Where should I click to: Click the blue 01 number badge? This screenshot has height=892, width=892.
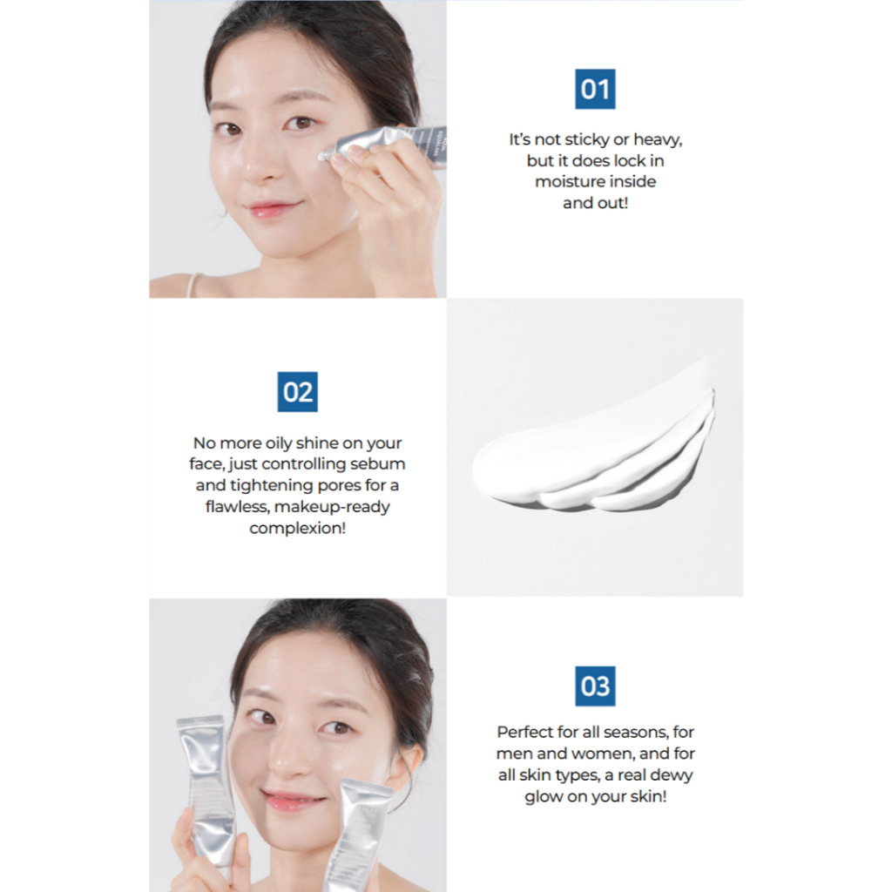pos(595,89)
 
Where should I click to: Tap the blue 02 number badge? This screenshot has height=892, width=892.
pos(298,392)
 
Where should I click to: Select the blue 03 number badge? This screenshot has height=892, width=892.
pos(595,686)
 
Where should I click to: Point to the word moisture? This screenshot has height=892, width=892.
pos(570,181)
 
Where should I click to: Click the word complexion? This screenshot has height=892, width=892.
pos(298,529)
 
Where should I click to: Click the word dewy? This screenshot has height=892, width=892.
pos(672,775)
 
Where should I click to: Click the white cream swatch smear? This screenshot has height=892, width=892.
pos(594,449)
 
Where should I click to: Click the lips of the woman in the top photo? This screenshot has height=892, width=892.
pos(269,208)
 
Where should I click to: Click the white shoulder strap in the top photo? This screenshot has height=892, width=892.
pos(193,285)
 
